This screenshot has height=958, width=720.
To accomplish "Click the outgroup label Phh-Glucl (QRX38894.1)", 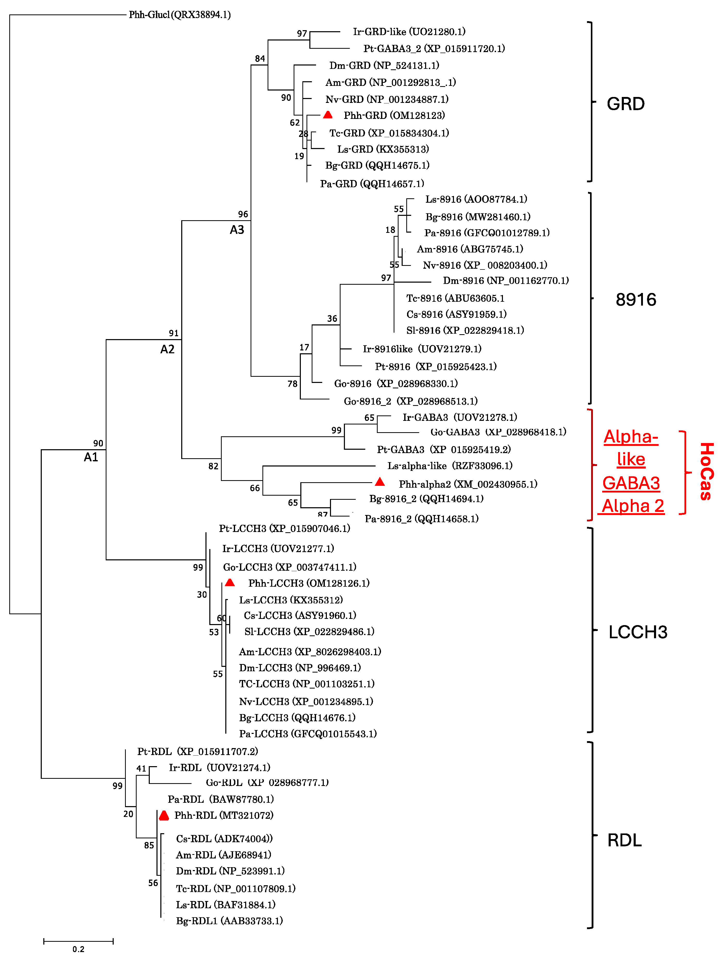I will (180, 15).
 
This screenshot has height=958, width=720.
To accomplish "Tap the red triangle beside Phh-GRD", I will (328, 115).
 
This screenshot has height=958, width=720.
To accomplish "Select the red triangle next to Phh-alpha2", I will (380, 482).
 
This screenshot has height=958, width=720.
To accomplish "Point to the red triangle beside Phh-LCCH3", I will (230, 583).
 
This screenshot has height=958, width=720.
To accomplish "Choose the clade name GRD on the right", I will (626, 104).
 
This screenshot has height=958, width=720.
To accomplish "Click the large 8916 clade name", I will (635, 300).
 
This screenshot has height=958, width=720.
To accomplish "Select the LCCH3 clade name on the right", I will (638, 632).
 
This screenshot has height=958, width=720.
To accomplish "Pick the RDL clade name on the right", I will (624, 840).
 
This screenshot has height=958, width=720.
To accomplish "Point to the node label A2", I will (168, 349).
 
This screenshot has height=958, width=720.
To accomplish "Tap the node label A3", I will (237, 230).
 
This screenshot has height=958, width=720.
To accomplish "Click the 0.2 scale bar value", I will (78, 949).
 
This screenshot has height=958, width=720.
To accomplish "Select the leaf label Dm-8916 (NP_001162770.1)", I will (506, 281).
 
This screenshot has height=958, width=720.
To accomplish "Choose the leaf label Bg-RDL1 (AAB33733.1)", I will (229, 921).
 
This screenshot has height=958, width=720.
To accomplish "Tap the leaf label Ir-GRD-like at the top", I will (409, 32).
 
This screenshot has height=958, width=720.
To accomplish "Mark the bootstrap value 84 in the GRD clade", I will (260, 59).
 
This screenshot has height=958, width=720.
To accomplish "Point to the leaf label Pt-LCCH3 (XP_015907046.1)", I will (284, 528).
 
